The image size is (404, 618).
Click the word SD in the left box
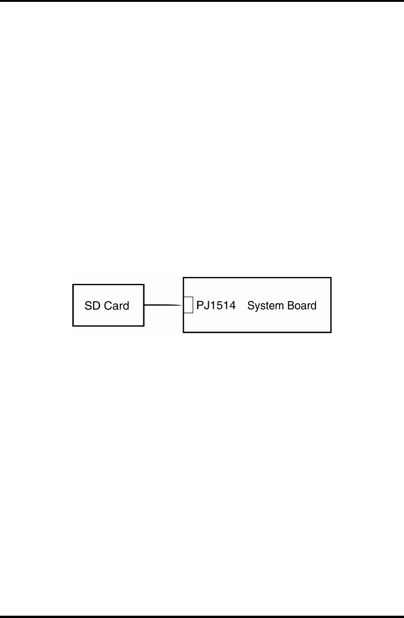coord(92,306)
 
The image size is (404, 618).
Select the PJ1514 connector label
coord(216,306)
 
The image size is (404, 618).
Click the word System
coord(264,306)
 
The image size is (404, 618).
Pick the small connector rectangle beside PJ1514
coord(188,305)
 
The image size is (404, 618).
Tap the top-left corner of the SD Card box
coord(73,285)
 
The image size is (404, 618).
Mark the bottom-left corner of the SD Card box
coord(73,325)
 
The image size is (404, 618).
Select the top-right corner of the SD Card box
coord(144,285)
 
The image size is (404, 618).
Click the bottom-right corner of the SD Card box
coord(144,325)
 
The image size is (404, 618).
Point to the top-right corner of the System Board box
coord(331,278)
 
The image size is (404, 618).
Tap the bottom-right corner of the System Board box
coord(331,332)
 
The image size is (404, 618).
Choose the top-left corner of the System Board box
coord(184,278)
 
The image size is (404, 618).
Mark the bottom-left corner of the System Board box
coord(184,332)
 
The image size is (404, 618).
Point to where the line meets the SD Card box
coord(144,305)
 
